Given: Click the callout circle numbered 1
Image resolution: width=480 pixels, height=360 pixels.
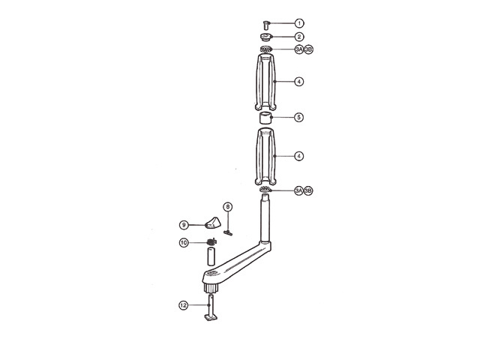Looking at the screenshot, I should [298, 23].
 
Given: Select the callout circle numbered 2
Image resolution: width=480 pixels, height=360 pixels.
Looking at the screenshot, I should [298, 36].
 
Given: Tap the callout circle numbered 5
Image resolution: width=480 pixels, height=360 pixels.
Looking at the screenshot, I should [298, 117].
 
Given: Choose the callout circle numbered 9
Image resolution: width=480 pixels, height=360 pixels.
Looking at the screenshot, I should [183, 223].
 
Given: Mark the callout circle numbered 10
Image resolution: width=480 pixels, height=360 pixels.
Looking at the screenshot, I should [183, 242].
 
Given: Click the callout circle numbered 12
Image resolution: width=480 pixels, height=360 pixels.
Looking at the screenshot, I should [183, 305].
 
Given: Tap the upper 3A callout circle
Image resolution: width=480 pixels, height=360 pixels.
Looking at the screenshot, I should [298, 49].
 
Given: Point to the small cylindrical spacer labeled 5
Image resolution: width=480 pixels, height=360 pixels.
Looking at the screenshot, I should [266, 118].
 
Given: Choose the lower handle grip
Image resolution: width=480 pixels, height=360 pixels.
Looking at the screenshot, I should [266, 156].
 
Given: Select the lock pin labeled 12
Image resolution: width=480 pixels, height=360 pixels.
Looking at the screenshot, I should [210, 310].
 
